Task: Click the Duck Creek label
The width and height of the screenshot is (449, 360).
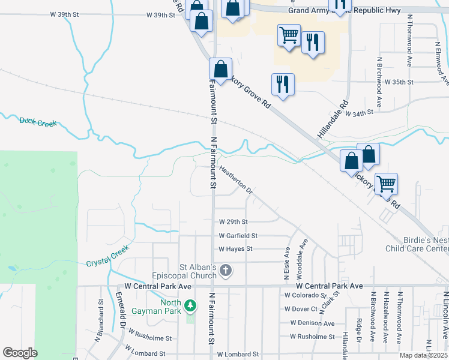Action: coord(38,122)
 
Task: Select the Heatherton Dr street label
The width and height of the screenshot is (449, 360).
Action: coord(235,179)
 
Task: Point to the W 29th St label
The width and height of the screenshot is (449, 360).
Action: coord(233,222)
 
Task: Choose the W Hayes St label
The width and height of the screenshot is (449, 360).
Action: coord(235,248)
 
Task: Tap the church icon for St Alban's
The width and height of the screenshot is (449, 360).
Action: coord(226,271)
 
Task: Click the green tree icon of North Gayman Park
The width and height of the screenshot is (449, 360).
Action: coord(190,306)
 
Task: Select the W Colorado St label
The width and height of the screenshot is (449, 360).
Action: coord(306,295)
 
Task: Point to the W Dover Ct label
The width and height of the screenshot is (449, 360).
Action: coord(301,309)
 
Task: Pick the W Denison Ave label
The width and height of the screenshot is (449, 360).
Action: coord(312,323)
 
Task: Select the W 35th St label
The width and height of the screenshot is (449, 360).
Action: coord(399,82)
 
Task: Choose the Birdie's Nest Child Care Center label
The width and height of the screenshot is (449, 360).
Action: coord(418,244)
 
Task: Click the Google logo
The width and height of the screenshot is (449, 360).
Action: coord(20,353)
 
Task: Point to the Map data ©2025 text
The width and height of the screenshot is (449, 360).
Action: coord(424,355)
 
